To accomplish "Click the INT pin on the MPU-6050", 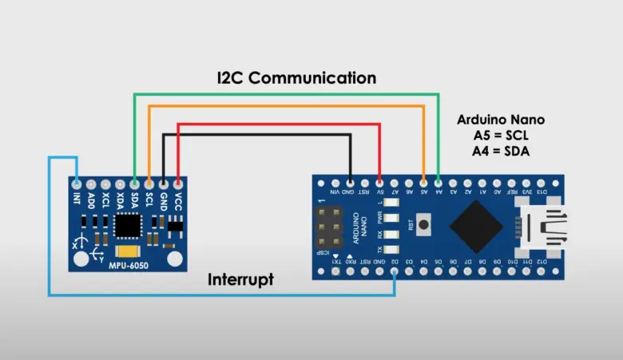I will pyautogui.click(x=76, y=184).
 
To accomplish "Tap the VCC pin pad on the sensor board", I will pyautogui.click(x=177, y=184).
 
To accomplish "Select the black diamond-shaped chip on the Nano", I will pyautogui.click(x=476, y=227).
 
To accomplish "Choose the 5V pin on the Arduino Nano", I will pyautogui.click(x=379, y=182).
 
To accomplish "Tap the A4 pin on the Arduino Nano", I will pyautogui.click(x=438, y=182).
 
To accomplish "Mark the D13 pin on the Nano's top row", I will pyautogui.click(x=542, y=182).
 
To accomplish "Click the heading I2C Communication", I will pyautogui.click(x=296, y=78).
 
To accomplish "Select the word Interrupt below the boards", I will pyautogui.click(x=240, y=280).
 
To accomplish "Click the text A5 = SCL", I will pyautogui.click(x=501, y=135).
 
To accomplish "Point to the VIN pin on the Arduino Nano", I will pyautogui.click(x=335, y=182).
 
